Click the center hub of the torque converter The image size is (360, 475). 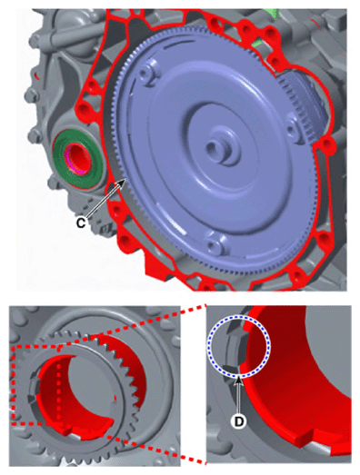tap(222, 145)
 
